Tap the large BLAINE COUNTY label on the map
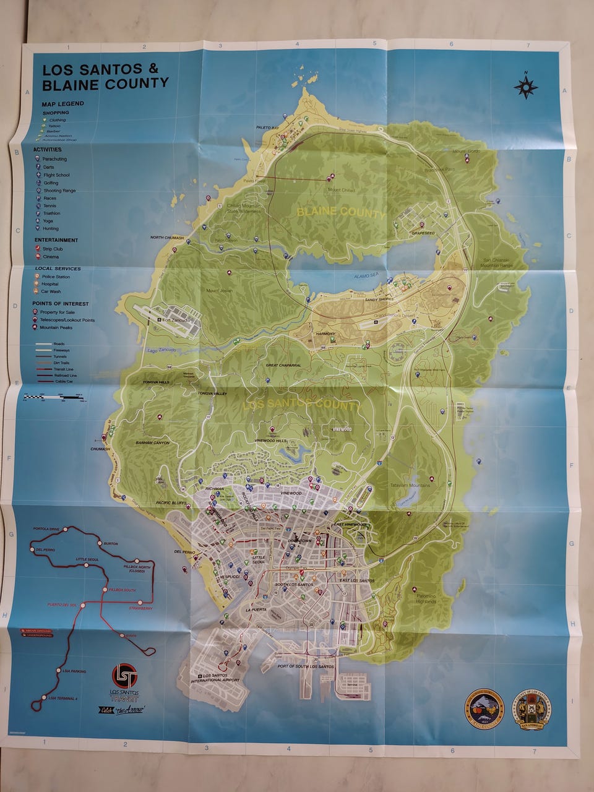(341, 213)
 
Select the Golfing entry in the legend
(51, 183)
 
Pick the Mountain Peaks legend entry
(58, 327)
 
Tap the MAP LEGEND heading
(62, 104)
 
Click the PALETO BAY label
(269, 127)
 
